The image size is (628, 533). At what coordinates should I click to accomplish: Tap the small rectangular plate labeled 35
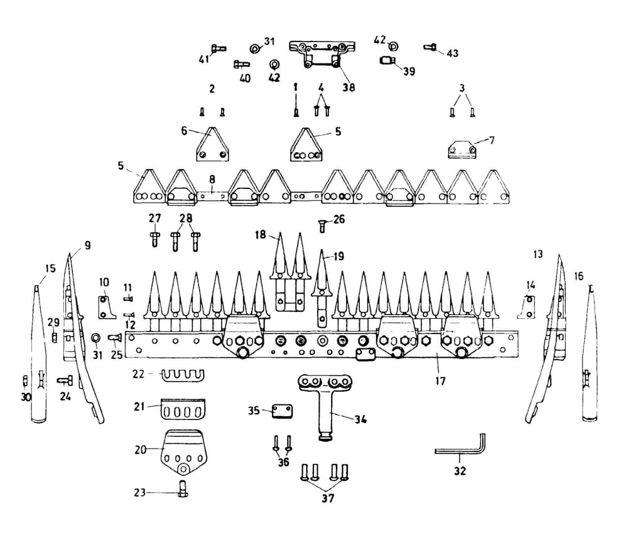pos(282,412)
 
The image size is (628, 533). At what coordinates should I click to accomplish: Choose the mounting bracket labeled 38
pos(322,55)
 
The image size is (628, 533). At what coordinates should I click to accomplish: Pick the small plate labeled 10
pos(104,307)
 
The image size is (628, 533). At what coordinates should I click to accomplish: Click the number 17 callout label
pos(441,380)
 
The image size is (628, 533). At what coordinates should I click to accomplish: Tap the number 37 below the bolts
pos(327,498)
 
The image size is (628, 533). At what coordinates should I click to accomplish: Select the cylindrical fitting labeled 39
pos(387,60)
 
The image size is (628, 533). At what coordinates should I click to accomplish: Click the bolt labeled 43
pos(431,46)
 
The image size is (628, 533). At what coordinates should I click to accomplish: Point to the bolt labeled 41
pos(218,48)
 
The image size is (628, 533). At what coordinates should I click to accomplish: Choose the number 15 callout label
pos(50,268)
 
